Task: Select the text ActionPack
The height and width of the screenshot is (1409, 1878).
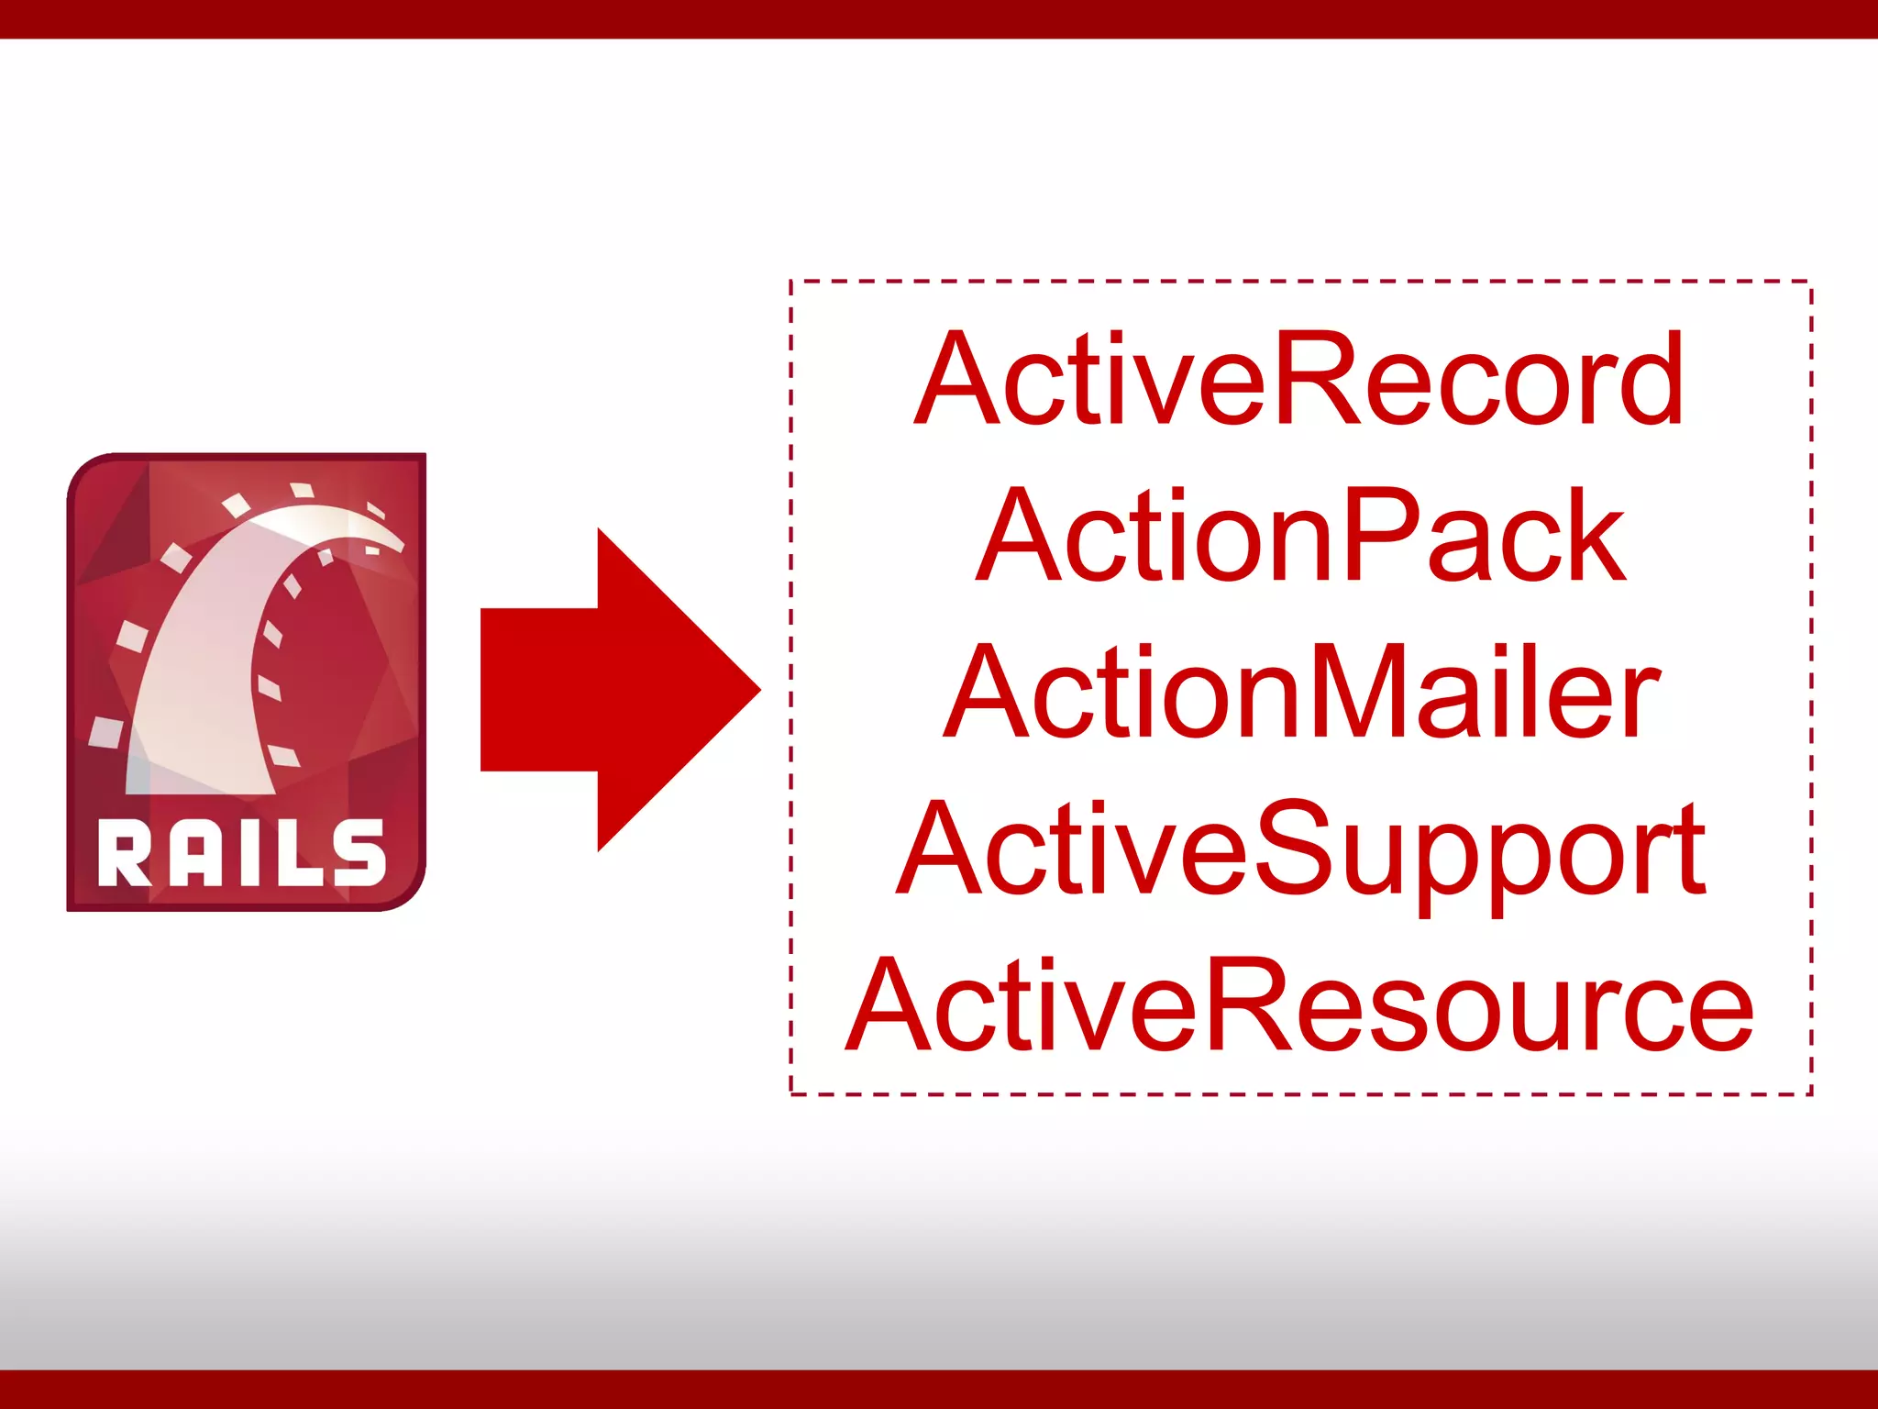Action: tap(1300, 536)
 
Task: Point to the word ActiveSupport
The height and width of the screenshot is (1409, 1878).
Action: tap(1300, 849)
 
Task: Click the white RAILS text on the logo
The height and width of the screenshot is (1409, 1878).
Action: tap(241, 853)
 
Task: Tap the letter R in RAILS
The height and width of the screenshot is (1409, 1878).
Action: tap(124, 853)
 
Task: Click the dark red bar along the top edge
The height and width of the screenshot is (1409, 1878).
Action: tap(939, 18)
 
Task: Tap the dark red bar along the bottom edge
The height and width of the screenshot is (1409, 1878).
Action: tap(939, 1390)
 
